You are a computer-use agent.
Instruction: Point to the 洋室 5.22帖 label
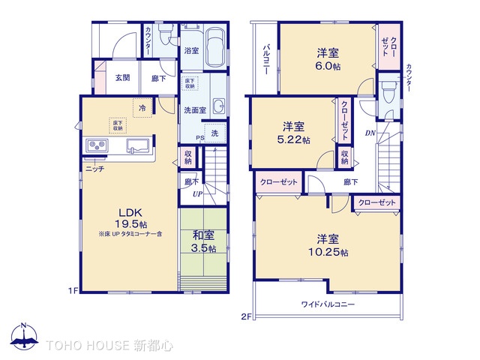294,133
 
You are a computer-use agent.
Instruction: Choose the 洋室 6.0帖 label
327,59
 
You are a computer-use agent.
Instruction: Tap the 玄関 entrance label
124,77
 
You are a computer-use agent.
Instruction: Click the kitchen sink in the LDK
140,145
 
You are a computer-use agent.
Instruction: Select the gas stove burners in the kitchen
98,145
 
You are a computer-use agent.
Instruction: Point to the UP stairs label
197,194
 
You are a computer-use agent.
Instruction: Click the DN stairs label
370,134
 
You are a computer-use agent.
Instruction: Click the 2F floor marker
245,316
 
